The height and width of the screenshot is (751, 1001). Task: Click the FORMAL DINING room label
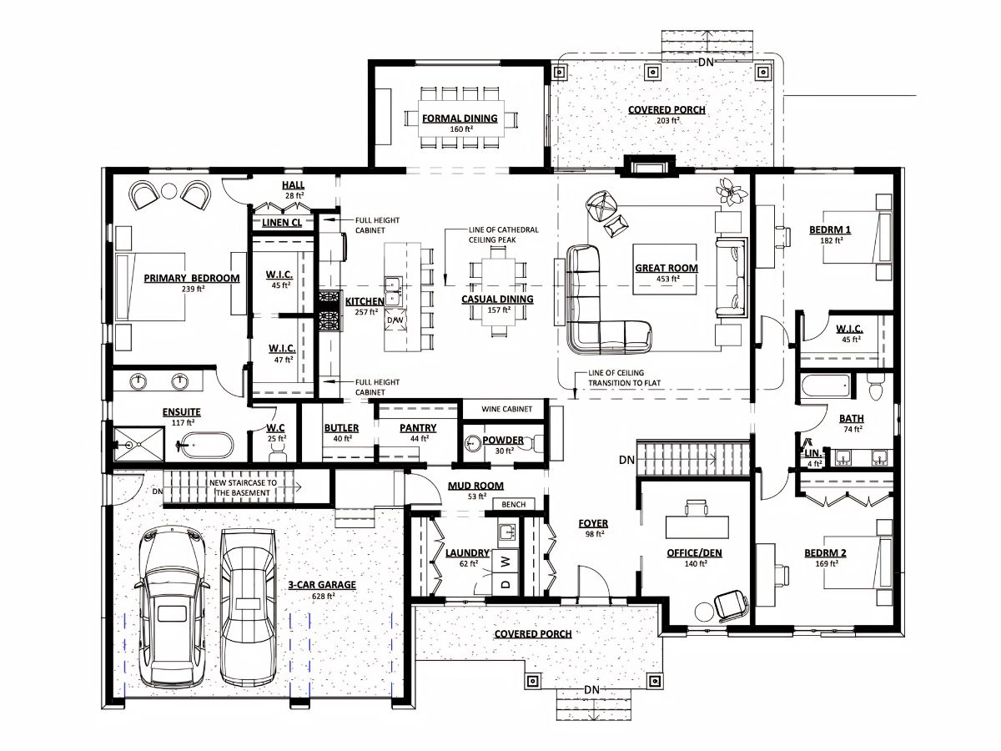(x=460, y=118)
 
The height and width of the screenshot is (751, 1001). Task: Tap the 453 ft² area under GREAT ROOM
(x=667, y=279)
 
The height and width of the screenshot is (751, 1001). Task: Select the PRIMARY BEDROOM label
(x=192, y=278)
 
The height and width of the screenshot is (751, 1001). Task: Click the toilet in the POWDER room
(x=536, y=442)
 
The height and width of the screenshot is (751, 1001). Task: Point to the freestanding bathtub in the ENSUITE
(x=205, y=445)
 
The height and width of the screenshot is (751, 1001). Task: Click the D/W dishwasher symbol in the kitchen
(x=395, y=320)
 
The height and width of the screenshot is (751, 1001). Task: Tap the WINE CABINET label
(x=506, y=409)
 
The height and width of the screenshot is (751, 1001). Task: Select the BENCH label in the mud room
(x=514, y=504)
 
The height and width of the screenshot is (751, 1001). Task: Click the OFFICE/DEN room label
(x=694, y=553)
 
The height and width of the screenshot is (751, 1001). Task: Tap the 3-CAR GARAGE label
(x=322, y=585)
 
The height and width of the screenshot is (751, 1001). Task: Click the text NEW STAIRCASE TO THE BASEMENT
(x=243, y=487)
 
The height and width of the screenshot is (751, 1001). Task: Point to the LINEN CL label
(x=282, y=223)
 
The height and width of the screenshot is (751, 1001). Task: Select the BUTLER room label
(x=341, y=428)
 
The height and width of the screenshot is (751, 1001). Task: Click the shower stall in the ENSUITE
(x=138, y=444)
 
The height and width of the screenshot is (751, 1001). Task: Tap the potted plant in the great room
(x=731, y=192)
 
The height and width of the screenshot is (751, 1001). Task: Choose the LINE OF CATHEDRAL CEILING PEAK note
(x=504, y=234)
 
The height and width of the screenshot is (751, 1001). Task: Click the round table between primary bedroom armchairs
(x=169, y=191)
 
